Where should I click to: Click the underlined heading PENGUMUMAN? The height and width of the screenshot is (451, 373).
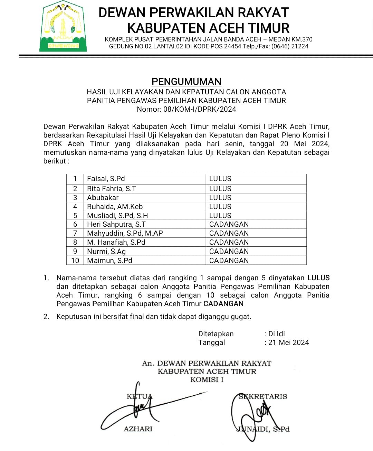click(186, 82)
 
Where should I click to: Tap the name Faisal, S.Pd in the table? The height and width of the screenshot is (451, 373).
click(106, 179)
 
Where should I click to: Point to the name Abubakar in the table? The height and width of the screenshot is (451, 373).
click(103, 198)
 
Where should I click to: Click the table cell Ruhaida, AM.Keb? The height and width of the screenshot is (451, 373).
click(115, 207)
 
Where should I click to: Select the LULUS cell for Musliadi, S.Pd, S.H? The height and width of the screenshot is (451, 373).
click(220, 216)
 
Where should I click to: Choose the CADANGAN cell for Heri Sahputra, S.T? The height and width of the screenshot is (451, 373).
click(229, 224)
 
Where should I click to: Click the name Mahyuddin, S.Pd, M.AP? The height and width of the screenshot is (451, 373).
click(125, 233)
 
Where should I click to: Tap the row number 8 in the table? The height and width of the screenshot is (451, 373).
click(75, 242)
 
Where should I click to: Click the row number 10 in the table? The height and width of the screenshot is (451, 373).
click(75, 261)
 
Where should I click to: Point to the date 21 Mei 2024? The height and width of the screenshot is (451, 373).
click(289, 342)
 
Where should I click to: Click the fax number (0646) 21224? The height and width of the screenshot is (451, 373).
click(290, 46)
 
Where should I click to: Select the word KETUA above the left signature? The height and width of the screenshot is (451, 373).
click(139, 396)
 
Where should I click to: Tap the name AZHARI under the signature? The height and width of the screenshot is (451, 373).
click(138, 429)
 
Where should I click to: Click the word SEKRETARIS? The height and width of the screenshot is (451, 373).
click(263, 396)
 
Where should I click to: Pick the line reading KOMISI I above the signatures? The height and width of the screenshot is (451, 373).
click(207, 380)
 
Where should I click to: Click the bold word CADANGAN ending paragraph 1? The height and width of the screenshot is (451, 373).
click(223, 304)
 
